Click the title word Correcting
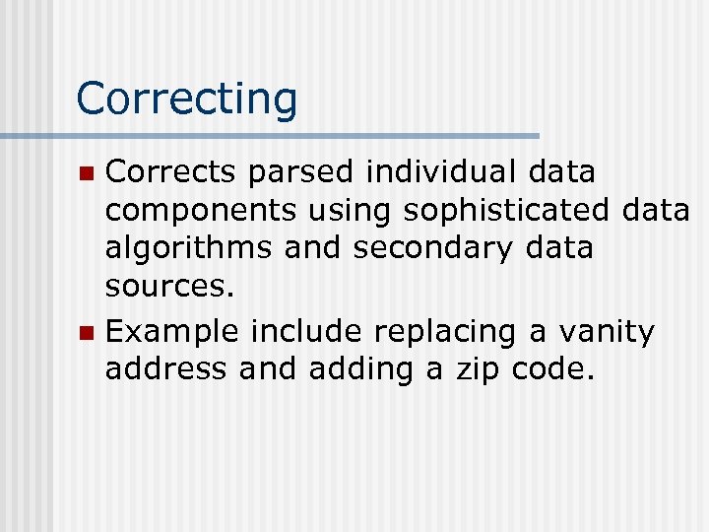186,99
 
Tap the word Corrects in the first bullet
171,172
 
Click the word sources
170,286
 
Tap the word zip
487,369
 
